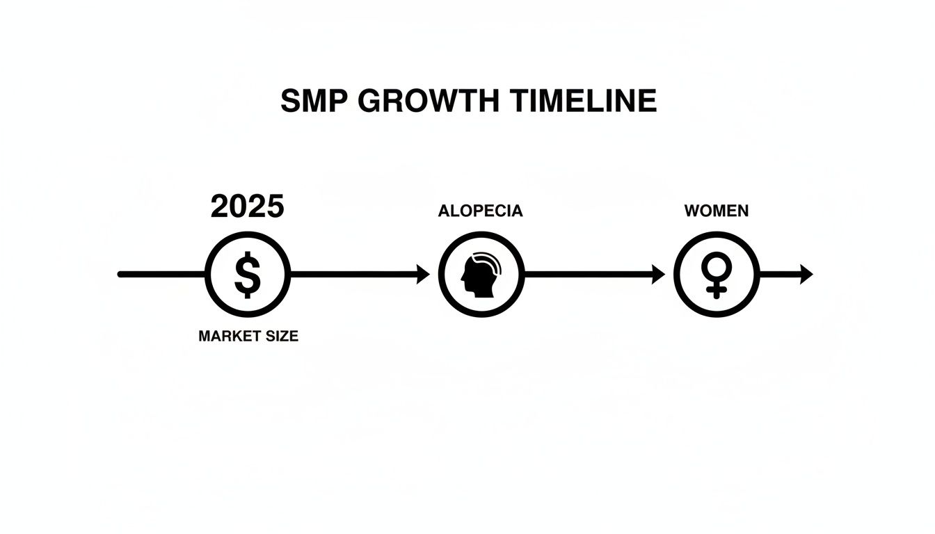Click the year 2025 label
pyautogui.click(x=247, y=207)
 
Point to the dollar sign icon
pyautogui.click(x=247, y=275)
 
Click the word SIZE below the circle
pyautogui.click(x=280, y=336)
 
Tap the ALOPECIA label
pyautogui.click(x=480, y=211)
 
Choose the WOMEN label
pyautogui.click(x=717, y=211)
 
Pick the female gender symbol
pyautogui.click(x=716, y=275)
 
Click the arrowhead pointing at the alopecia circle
pyautogui.click(x=422, y=275)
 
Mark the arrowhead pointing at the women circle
pyautogui.click(x=657, y=275)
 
